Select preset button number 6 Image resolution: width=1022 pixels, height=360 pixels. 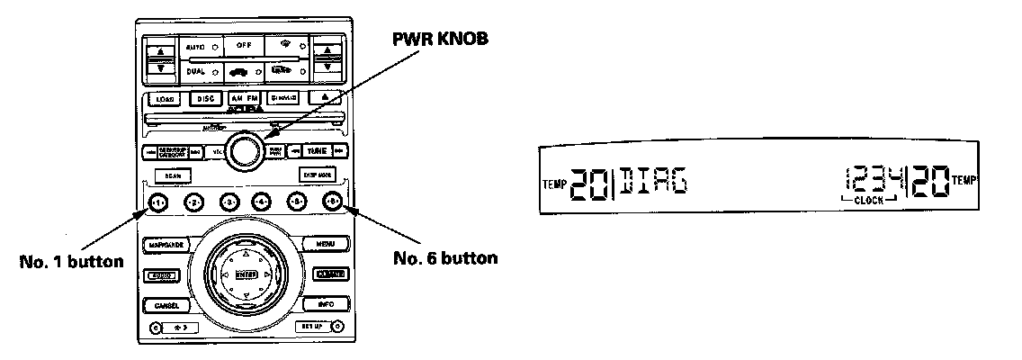pos(333,202)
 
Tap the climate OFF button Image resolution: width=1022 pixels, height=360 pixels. pos(244,44)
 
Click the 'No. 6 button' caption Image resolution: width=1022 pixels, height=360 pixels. pos(446,258)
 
